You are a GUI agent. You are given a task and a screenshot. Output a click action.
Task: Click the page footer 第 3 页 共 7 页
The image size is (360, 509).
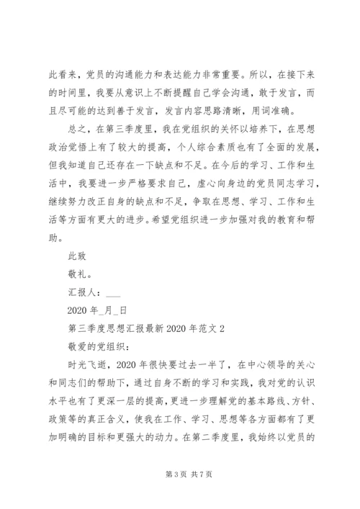180,476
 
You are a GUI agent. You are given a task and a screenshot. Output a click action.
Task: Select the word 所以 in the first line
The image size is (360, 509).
262,74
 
